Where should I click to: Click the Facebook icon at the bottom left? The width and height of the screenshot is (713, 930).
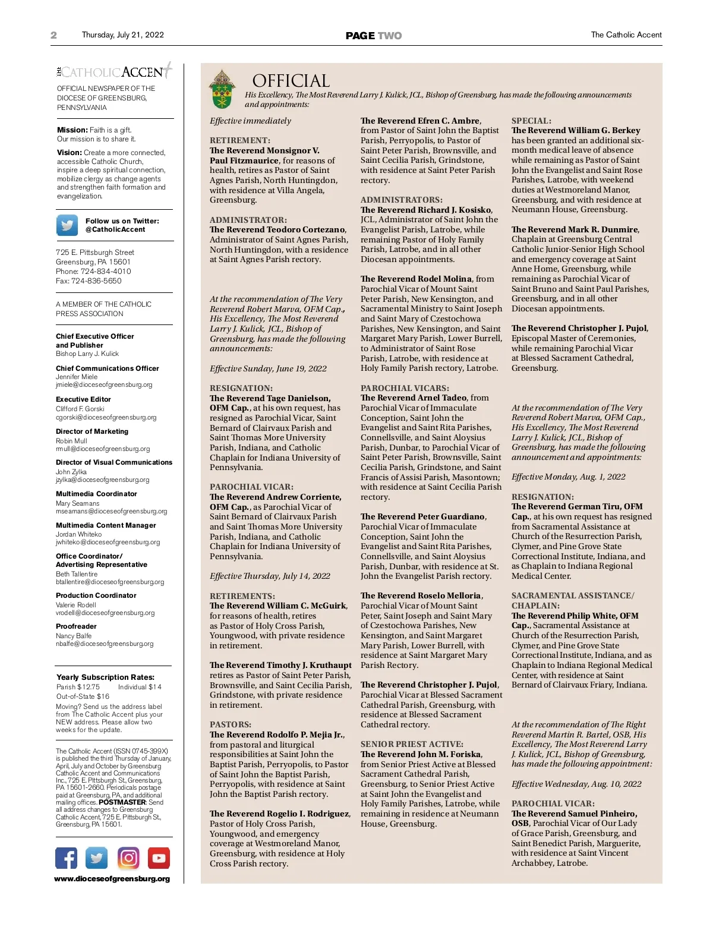pyautogui.click(x=67, y=858)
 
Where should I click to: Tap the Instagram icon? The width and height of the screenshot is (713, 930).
pyautogui.click(x=128, y=858)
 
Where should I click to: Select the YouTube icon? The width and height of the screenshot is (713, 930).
pyautogui.click(x=159, y=858)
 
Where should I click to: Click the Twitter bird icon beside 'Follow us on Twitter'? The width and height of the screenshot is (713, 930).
pyautogui.click(x=67, y=225)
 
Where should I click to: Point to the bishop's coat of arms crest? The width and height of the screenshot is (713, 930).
pyautogui.click(x=222, y=89)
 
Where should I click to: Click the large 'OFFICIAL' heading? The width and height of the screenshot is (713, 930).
pyautogui.click(x=291, y=81)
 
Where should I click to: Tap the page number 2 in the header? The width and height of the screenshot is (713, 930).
pyautogui.click(x=54, y=35)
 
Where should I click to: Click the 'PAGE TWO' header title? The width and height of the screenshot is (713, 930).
pyautogui.click(x=374, y=36)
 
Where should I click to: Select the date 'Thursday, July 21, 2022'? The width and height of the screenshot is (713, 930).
pyautogui.click(x=122, y=35)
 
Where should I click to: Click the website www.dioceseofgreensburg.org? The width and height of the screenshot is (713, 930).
pyautogui.click(x=112, y=879)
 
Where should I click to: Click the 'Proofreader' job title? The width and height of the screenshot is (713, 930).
pyautogui.click(x=76, y=626)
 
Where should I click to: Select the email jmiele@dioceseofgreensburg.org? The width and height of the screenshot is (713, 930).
pyautogui.click(x=104, y=384)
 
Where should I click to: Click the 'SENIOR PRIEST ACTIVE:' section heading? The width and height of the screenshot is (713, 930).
pyautogui.click(x=412, y=744)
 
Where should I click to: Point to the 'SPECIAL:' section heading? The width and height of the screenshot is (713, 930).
pyautogui.click(x=531, y=121)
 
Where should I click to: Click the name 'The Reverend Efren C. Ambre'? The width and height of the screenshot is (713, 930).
pyautogui.click(x=420, y=121)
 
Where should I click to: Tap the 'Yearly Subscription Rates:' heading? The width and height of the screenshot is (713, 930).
pyautogui.click(x=105, y=677)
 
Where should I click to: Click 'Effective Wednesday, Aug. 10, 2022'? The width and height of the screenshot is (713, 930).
pyautogui.click(x=576, y=784)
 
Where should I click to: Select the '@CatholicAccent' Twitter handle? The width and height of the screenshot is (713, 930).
pyautogui.click(x=115, y=229)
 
